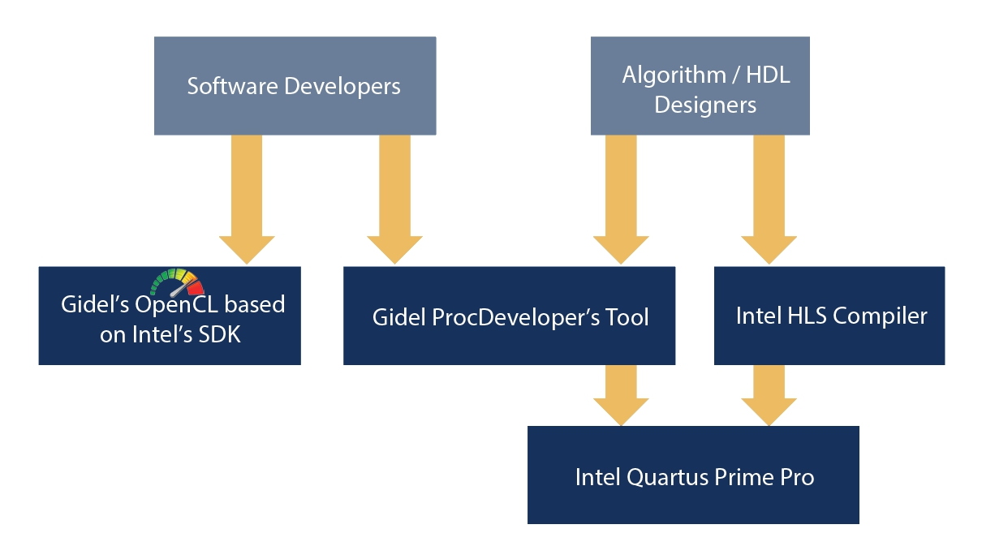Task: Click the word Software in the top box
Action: point(232,86)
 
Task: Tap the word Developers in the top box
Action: point(342,87)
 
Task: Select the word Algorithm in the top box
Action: point(674,75)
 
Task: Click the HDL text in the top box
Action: point(768,75)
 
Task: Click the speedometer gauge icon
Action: point(177,282)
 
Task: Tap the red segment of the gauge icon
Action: point(196,288)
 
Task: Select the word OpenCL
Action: point(176,305)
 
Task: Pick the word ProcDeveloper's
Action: point(515,318)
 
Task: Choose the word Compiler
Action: point(880,316)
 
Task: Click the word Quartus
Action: point(667,478)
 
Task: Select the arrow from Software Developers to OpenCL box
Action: point(247,200)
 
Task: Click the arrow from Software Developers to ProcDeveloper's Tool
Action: point(394,200)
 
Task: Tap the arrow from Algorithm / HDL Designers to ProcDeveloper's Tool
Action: point(621,200)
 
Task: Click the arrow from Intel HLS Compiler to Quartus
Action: point(769,395)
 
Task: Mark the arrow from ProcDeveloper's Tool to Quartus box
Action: point(621,395)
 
